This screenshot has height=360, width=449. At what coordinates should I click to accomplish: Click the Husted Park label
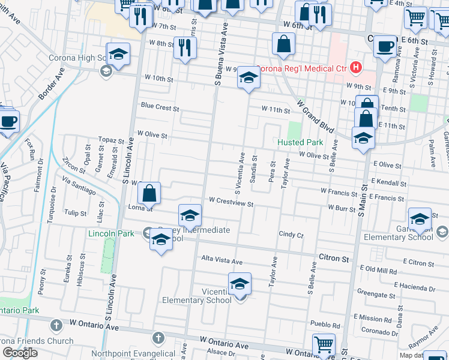[x=300, y=142]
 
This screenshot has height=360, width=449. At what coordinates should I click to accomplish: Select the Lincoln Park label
[x=111, y=233]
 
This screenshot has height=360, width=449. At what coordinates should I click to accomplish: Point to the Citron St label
[x=337, y=259]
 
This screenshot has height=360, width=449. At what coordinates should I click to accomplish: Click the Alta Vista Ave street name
[x=221, y=262]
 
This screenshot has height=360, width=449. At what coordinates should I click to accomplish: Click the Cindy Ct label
[x=291, y=235]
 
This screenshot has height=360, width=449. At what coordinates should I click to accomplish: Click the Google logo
[x=20, y=352]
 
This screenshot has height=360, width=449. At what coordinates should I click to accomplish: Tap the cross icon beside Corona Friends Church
[x=56, y=325]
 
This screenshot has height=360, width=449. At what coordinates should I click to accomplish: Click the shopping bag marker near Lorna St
[x=149, y=193]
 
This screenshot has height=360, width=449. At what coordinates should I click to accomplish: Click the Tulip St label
[x=76, y=213]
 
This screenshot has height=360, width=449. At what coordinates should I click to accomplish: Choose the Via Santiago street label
[x=78, y=185]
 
